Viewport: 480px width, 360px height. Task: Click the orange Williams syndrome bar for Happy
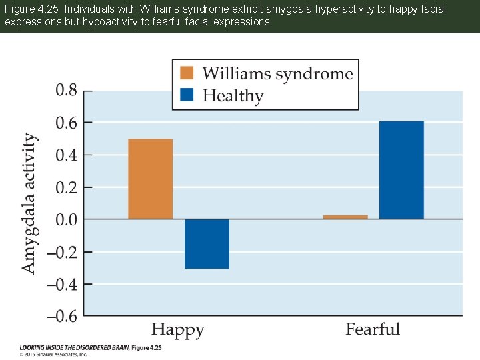click(150, 179)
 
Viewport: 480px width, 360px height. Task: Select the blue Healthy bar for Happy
click(207, 244)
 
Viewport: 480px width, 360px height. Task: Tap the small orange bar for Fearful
click(345, 217)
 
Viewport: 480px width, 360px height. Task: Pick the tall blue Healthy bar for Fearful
click(401, 170)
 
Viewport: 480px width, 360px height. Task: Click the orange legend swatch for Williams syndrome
click(187, 73)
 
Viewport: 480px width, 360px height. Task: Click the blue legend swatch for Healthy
click(187, 95)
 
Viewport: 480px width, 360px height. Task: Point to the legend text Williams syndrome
click(277, 73)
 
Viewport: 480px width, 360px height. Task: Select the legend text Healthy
click(233, 96)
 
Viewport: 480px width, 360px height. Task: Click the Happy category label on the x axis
click(178, 329)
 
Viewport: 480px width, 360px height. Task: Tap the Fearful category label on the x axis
click(373, 329)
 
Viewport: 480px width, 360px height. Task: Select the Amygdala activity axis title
click(29, 203)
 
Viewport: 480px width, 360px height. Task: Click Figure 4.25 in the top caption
click(28, 10)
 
